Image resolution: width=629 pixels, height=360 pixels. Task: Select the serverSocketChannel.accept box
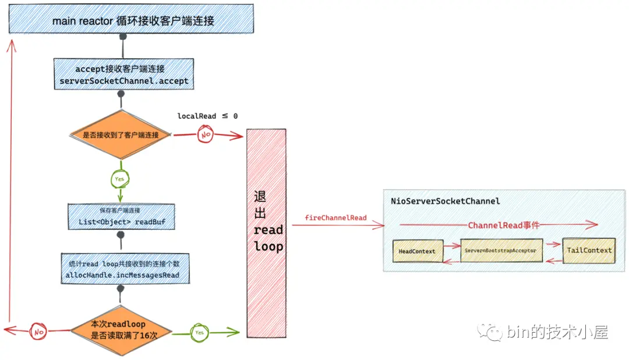pos(123,75)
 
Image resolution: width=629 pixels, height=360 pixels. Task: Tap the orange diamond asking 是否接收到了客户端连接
pos(121,135)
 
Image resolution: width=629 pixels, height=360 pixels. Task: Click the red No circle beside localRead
pos(205,135)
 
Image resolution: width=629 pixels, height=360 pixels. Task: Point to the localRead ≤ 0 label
pos(207,116)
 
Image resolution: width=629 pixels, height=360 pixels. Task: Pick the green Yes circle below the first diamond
pos(121,178)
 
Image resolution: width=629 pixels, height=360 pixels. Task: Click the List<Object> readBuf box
pos(121,217)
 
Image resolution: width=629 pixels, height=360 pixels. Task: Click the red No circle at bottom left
pos(39,331)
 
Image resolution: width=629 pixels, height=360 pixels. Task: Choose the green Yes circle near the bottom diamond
pos(199,332)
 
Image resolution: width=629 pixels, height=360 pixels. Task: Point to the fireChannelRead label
pos(335,218)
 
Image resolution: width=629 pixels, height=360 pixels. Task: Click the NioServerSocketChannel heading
pos(446,201)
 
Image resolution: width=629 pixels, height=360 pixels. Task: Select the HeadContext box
pos(417,251)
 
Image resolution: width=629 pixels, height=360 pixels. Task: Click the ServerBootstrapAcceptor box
pos(501,250)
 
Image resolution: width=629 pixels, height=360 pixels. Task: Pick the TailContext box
pos(589,250)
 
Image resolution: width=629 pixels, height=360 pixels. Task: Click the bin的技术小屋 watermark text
pos(557,333)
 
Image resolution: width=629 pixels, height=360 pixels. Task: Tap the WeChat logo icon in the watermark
pos(490,332)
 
